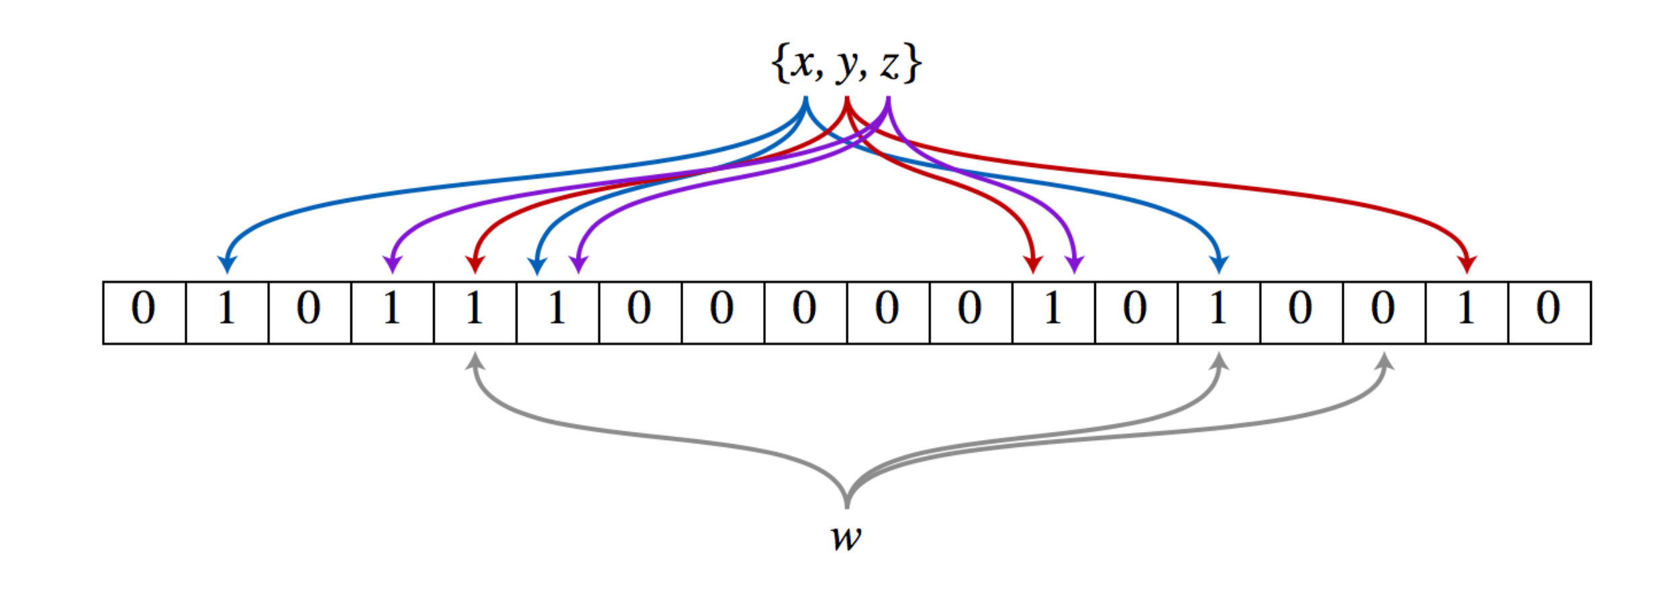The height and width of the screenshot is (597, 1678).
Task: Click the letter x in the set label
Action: [x=802, y=64]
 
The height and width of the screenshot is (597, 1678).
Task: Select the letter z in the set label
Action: [x=889, y=66]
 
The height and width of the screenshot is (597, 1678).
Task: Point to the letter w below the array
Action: [x=846, y=538]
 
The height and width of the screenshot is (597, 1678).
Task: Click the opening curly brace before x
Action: [x=779, y=64]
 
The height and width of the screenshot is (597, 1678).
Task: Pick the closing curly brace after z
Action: [x=911, y=64]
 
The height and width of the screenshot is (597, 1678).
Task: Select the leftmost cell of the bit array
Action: [x=144, y=313]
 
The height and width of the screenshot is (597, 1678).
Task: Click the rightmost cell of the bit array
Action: [x=1549, y=313]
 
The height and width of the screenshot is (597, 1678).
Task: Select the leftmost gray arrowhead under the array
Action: [x=475, y=362]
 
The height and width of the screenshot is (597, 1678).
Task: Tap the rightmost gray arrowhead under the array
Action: [x=1384, y=362]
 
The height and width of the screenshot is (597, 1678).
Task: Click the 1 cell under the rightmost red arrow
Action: [x=1467, y=313]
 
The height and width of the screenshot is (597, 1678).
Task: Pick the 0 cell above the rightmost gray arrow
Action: [x=1384, y=313]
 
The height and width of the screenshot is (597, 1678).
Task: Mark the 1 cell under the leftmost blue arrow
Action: [x=227, y=313]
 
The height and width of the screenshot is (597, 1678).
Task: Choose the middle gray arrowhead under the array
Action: [x=1219, y=362]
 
